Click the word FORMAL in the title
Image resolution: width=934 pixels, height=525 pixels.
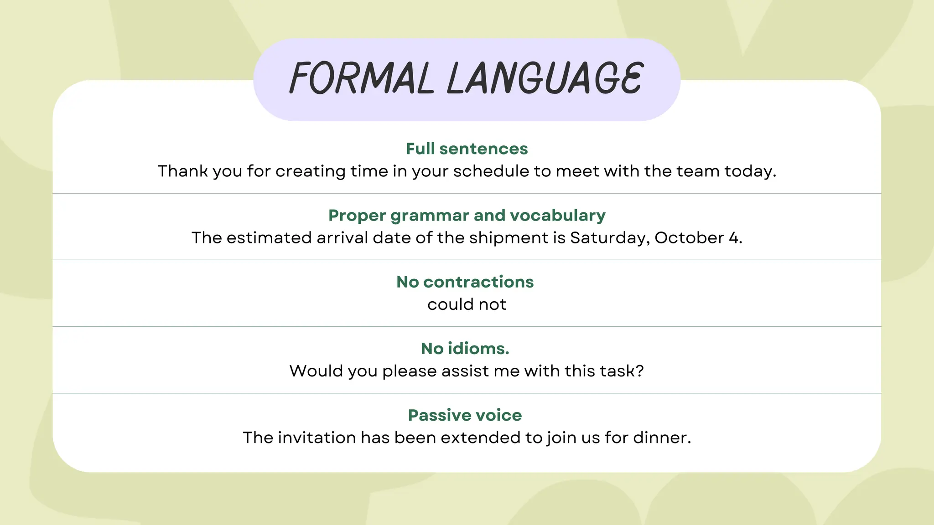point(361,78)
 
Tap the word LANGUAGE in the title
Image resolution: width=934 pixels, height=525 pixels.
point(545,78)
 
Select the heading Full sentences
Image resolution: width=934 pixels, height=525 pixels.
point(467,149)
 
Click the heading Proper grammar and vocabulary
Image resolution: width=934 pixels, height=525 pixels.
point(467,215)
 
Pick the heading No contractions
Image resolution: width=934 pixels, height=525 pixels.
point(465,282)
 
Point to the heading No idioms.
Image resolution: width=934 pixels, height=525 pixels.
point(465,348)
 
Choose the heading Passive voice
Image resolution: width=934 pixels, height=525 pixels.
point(465,415)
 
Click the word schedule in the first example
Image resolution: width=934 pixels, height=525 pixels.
point(491,171)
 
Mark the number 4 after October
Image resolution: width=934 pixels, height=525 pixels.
point(733,238)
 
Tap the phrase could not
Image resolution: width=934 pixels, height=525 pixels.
point(467,304)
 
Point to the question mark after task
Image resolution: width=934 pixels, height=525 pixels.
point(640,371)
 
